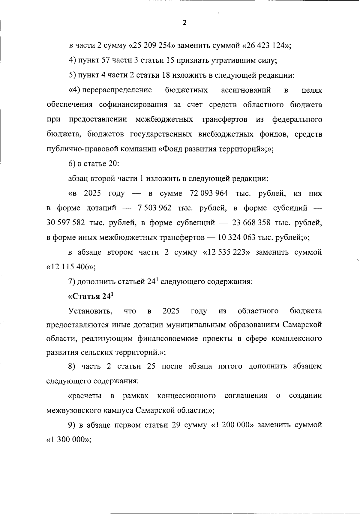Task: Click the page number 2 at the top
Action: coord(184,23)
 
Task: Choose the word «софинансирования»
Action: coord(133,105)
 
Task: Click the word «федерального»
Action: coord(297,119)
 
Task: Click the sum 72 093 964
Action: coord(209,193)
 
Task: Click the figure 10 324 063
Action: coord(237,238)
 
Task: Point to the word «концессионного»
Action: coord(186,396)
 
